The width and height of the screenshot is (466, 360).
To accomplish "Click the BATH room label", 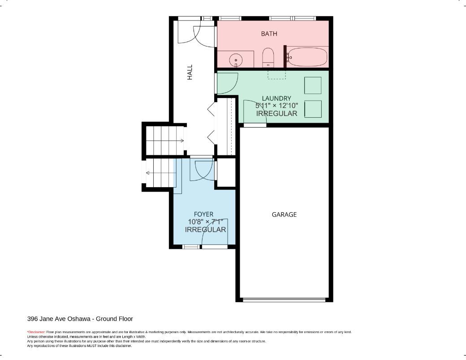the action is click(x=269, y=34).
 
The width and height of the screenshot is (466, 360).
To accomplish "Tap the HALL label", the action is click(x=190, y=72).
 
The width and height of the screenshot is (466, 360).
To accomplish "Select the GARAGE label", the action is click(x=284, y=214).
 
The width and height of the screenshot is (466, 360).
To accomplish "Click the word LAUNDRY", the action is click(x=276, y=99).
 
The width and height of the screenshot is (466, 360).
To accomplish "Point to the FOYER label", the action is click(x=203, y=214).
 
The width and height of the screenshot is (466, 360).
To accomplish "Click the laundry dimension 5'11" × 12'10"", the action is click(x=276, y=106).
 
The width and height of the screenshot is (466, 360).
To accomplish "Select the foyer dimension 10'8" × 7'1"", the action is click(x=205, y=222).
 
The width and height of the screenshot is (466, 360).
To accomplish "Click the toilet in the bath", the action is click(x=268, y=57).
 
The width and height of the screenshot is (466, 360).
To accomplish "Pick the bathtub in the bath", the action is click(x=307, y=57).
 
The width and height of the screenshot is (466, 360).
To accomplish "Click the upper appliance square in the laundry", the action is click(x=313, y=85).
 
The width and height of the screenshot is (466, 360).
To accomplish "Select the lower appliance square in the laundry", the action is click(x=313, y=109).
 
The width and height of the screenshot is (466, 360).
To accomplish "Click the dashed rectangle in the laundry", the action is click(x=277, y=75).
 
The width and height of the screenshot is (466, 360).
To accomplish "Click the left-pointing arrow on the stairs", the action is click(x=161, y=173).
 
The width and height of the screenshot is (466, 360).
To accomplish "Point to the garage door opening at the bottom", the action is click(x=284, y=300).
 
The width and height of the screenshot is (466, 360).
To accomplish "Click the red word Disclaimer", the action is click(x=36, y=332).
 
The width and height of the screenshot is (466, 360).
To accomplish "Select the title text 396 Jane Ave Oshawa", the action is click(x=59, y=319).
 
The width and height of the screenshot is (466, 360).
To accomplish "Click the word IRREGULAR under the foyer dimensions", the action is click(x=205, y=230).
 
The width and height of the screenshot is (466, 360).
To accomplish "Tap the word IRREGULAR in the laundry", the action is click(x=277, y=113).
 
